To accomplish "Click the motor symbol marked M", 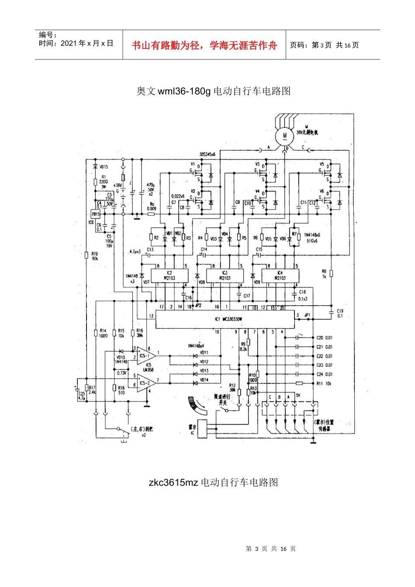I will [284, 135].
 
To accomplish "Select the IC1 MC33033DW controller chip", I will [225, 319].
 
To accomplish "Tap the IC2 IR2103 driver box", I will [169, 276].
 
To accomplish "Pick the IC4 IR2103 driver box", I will [280, 276].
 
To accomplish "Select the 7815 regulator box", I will [95, 214].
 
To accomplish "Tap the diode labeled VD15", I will [95, 166].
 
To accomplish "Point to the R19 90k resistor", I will [87, 256].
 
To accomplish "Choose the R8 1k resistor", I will [331, 273].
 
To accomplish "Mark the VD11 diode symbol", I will [195, 356].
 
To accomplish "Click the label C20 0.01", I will [324, 338].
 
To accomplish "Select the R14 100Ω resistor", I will [96, 333].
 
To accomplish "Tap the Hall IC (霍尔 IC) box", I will [203, 430].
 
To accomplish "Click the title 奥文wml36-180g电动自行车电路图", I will [213, 91].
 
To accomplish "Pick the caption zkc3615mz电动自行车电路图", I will [213, 482].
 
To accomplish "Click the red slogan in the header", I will [204, 45].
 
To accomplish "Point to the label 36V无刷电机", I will [307, 132].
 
